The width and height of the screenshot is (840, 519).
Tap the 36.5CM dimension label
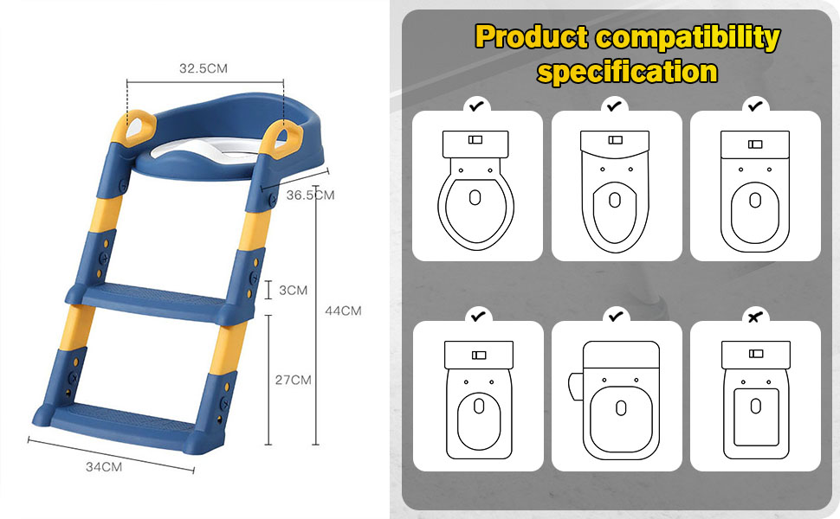310,195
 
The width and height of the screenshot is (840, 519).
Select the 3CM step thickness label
293,290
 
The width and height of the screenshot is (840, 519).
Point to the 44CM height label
343,311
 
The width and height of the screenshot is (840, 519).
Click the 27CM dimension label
292,379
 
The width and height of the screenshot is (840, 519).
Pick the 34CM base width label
103,467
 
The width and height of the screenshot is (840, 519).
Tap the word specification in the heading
627,70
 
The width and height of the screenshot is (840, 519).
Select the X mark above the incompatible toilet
755,317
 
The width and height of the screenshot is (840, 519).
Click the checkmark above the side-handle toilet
616,317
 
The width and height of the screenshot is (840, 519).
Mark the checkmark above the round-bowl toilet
476,106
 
